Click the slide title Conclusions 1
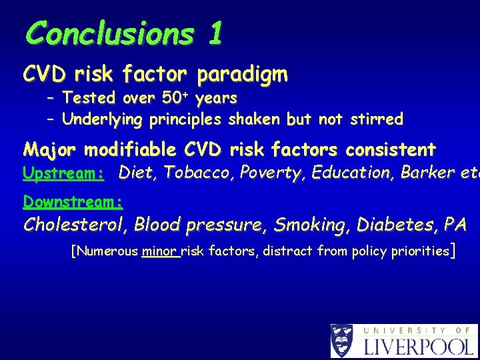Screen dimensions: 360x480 pyautogui.click(x=123, y=33)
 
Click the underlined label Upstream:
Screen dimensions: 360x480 pyautogui.click(x=63, y=173)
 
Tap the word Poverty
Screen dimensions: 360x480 pyautogui.click(x=259, y=173)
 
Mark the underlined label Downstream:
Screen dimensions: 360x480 pyautogui.click(x=73, y=201)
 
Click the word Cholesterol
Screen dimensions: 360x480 pyautogui.click(x=74, y=225)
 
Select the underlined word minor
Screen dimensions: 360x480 pyautogui.click(x=160, y=251)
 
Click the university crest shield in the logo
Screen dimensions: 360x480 pyautogui.click(x=342, y=341)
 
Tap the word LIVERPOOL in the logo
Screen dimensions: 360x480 pyautogui.click(x=418, y=346)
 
